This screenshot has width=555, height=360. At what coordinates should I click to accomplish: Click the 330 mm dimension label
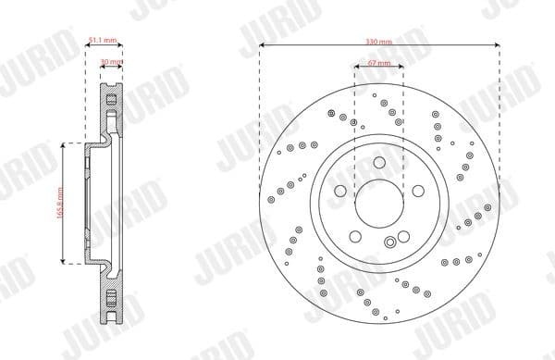point(379,43)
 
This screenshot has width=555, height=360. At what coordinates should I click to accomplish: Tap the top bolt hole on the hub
point(379,164)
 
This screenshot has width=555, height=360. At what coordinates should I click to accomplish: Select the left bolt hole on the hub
point(340,192)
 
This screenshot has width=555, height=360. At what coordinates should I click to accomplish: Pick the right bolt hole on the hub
point(418,192)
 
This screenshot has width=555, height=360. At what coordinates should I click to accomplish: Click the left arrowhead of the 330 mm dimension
point(263,48)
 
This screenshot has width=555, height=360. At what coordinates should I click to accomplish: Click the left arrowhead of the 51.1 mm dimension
point(88,48)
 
